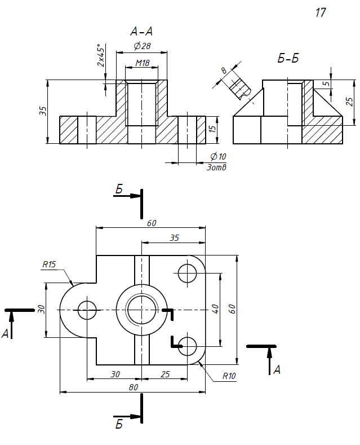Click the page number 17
tap(321, 13)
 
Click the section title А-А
tap(141, 31)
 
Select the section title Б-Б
tap(288, 58)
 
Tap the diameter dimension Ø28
tap(142, 46)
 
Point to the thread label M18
tap(143, 63)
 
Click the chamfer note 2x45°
tap(101, 55)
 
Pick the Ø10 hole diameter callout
tap(218, 156)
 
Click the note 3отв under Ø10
tap(216, 168)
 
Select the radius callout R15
tap(49, 265)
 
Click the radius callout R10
tap(229, 376)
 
